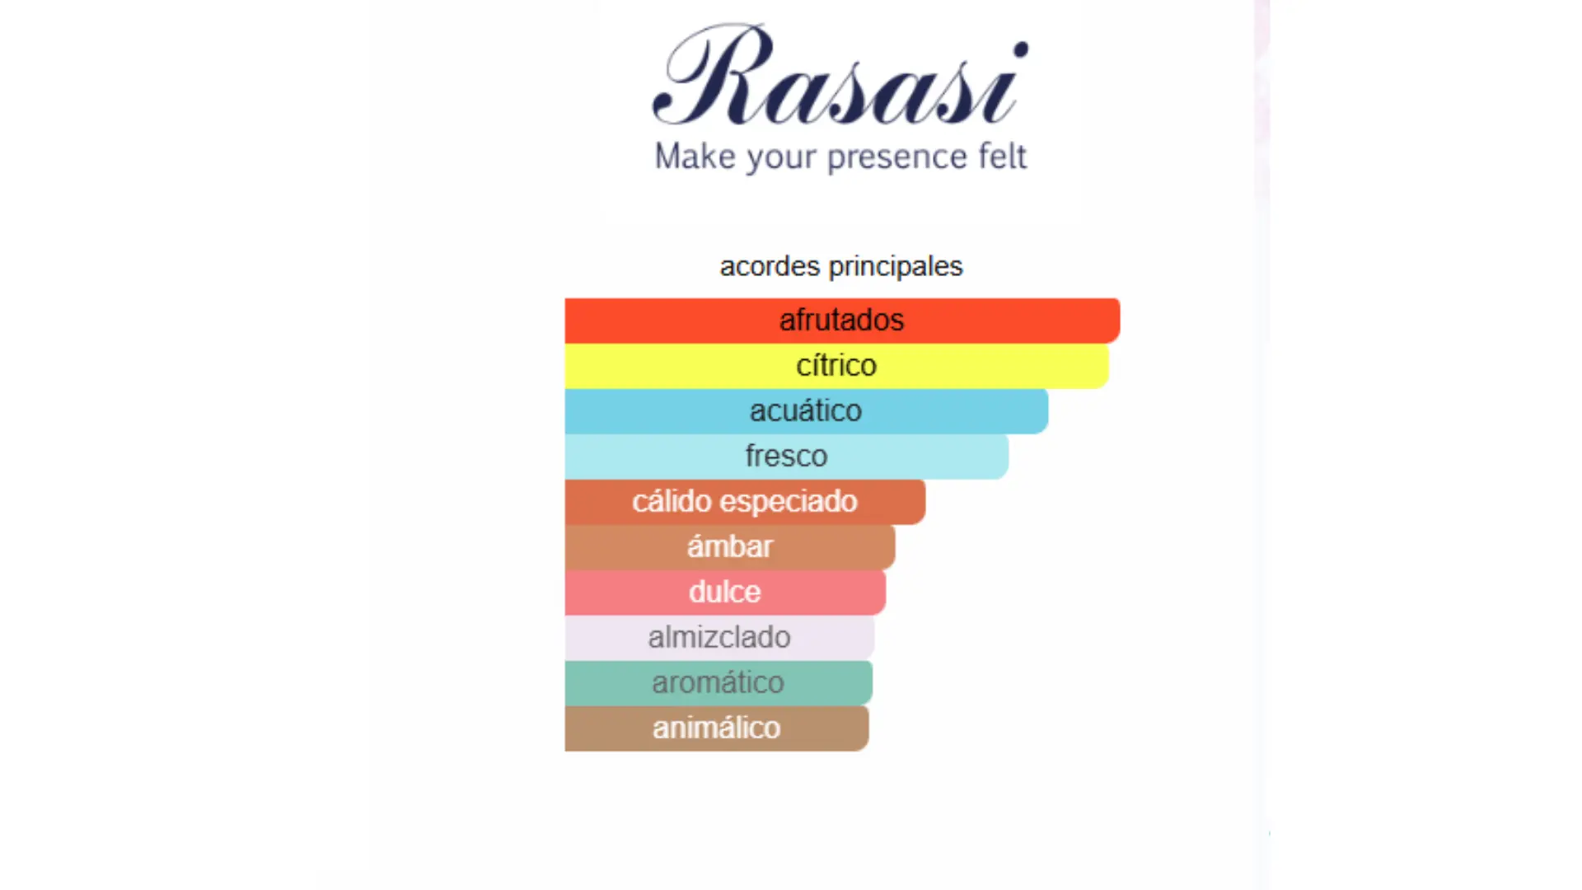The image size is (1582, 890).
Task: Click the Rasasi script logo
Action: point(840,76)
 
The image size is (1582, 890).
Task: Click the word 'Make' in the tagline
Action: point(695,156)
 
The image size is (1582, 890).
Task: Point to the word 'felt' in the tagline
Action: point(1002,155)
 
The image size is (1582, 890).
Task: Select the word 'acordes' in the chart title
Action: point(770,266)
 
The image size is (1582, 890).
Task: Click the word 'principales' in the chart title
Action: point(896,267)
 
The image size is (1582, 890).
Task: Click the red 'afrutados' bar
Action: point(842,321)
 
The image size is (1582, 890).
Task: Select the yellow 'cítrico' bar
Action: point(836,366)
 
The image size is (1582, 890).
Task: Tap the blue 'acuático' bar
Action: point(806,411)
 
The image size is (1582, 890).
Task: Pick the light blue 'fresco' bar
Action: point(786,457)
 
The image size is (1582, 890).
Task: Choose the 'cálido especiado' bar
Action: point(745,502)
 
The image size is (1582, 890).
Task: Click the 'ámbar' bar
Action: point(730,547)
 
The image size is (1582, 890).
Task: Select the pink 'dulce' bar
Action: point(725,593)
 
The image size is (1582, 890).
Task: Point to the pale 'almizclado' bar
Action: point(719,638)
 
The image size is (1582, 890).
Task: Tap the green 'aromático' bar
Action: point(718,683)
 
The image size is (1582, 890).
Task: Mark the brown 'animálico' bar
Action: point(717,728)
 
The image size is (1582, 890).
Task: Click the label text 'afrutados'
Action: point(842,320)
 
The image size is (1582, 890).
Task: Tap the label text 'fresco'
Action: point(786,456)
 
